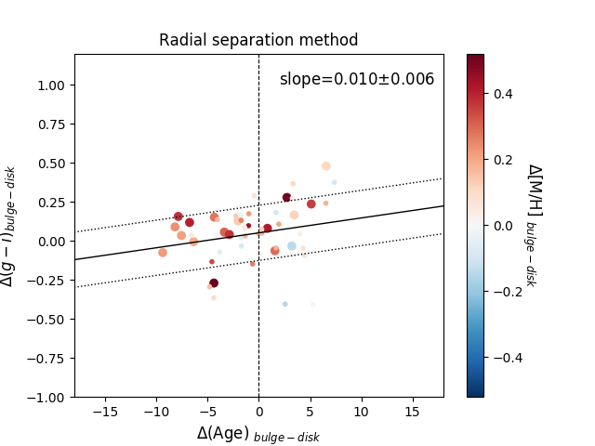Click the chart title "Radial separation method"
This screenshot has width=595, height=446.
click(258, 40)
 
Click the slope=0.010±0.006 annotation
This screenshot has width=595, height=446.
click(357, 79)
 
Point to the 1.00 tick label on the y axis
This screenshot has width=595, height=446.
click(51, 85)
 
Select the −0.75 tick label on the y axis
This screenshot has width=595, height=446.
click(46, 359)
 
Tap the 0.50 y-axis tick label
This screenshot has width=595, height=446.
click(51, 164)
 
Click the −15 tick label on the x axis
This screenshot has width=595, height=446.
click(105, 412)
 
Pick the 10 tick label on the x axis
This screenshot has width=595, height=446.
click(362, 412)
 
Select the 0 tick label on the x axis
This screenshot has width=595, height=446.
click(259, 412)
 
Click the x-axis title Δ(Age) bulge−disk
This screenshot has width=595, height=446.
click(258, 434)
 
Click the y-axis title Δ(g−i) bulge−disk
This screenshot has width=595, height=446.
click(9, 227)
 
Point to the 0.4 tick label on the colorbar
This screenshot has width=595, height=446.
click(503, 94)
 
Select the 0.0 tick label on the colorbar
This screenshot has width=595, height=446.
click(503, 226)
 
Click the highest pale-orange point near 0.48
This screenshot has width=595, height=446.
click(326, 165)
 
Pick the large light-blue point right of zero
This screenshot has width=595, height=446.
click(291, 246)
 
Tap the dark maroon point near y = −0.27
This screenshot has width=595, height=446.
click(214, 282)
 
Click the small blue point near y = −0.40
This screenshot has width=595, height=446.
click(285, 304)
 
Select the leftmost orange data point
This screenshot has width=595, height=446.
click(163, 253)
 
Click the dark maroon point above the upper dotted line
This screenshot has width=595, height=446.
click(287, 197)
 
